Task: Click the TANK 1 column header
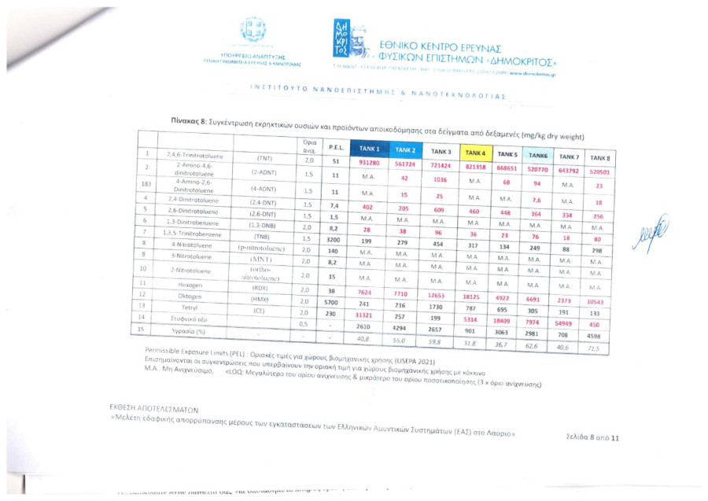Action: click(369, 149)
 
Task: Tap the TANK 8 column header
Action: click(601, 158)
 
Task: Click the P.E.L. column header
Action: click(334, 147)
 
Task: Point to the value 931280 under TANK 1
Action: click(369, 162)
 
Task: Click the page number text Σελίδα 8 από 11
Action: click(592, 437)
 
